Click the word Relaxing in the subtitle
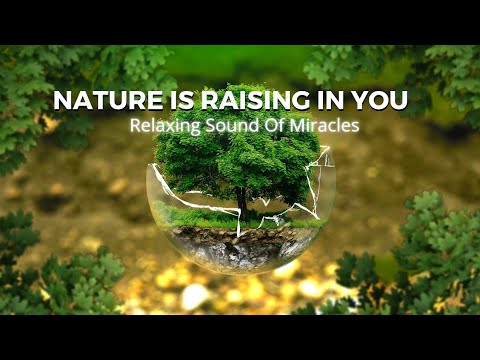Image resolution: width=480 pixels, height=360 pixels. tap(163, 127)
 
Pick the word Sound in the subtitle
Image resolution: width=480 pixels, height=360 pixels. tap(229, 127)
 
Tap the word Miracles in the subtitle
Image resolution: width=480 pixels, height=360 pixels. tap(321, 127)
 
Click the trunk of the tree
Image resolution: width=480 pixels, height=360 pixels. tap(241, 197)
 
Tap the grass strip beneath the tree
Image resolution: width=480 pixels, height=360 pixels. tap(200, 214)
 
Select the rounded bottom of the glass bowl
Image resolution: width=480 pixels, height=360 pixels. tap(240, 265)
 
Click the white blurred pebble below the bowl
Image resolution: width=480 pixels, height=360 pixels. tap(196, 294)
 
